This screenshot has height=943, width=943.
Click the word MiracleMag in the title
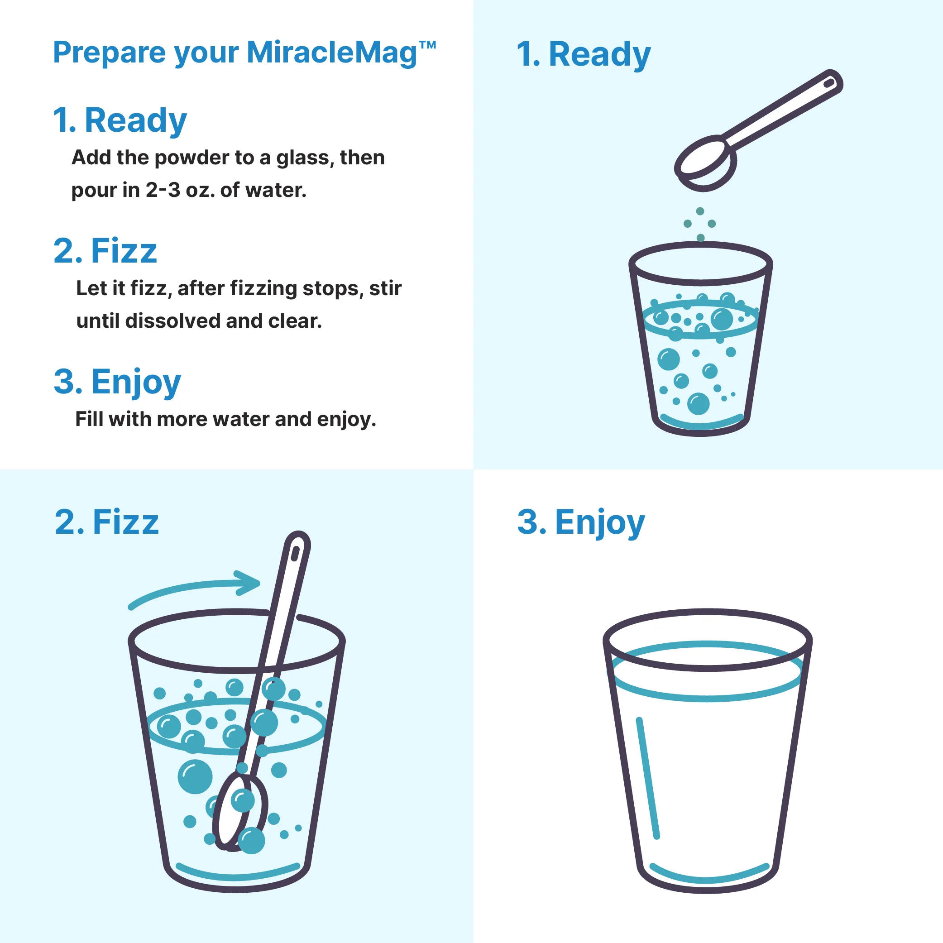point(332,53)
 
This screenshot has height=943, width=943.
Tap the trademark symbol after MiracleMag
point(427,46)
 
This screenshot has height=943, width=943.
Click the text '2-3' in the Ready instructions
point(163,190)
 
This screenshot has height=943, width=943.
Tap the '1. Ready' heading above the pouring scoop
point(584,55)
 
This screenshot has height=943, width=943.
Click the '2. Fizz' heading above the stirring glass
point(107,522)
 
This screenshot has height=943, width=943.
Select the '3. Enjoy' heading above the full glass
point(581,523)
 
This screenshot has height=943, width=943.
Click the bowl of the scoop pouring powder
point(706,163)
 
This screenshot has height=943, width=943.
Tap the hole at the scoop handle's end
point(829,83)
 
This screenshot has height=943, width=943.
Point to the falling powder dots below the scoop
point(700,225)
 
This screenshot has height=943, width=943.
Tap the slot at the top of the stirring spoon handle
point(295,554)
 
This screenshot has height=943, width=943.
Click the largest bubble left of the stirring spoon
point(195,776)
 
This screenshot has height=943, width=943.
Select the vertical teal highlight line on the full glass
point(648,779)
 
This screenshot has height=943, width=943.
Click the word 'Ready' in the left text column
point(136,120)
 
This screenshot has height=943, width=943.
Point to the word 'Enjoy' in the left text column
point(136,382)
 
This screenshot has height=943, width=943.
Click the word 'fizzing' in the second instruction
point(263,289)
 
